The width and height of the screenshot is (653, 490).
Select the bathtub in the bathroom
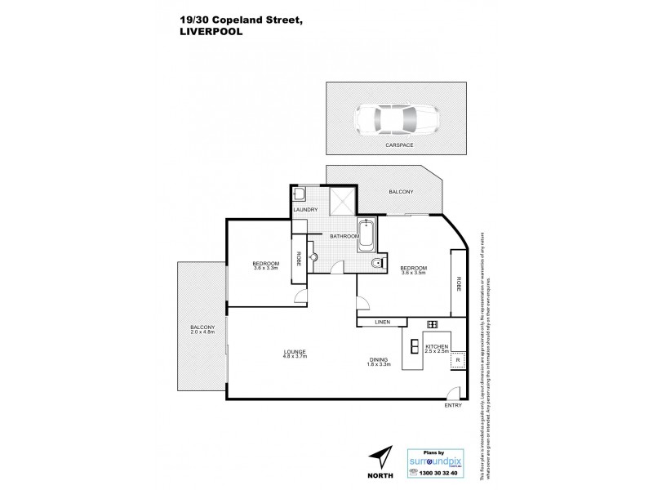[x=366, y=236]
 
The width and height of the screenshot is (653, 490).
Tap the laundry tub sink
[x=300, y=194]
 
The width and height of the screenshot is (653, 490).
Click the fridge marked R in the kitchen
[x=459, y=359]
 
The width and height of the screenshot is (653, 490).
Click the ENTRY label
[x=453, y=406]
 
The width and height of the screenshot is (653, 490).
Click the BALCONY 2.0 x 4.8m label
[x=199, y=332]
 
